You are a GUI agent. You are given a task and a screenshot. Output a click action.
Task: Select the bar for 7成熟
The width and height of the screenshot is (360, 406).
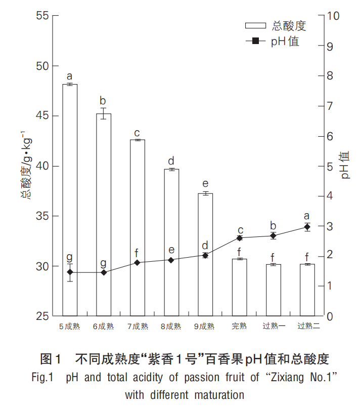point(138,228)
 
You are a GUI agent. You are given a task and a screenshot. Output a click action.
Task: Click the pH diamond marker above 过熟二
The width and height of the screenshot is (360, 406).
point(307,227)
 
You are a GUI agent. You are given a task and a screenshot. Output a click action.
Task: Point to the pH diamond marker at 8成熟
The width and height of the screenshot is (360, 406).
point(171,260)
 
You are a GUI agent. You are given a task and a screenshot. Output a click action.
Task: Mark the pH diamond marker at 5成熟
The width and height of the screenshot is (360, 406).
point(70,272)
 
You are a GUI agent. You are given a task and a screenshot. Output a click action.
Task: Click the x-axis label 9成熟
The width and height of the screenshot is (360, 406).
point(205,327)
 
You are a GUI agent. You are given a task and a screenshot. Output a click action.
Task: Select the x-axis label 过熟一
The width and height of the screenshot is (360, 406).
point(273,327)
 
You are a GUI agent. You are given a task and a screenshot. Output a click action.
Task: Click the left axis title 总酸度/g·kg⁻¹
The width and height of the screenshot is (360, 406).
point(26,166)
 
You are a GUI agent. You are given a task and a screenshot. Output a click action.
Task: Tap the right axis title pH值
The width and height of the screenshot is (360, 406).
point(345,166)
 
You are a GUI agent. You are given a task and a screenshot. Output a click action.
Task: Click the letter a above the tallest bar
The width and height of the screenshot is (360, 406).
point(70,76)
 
